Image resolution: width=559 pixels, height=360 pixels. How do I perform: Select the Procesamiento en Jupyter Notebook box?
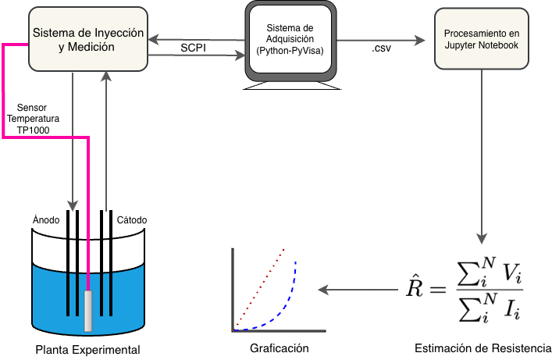coord(481,40)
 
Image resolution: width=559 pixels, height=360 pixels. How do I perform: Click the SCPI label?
coord(192,48)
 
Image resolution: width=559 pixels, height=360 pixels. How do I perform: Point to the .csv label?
coord(382,48)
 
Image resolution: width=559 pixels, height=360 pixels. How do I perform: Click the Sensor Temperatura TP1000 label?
coord(33,118)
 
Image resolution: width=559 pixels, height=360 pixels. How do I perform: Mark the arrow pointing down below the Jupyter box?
coord(482,156)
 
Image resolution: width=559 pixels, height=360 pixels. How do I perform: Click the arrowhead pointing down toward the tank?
coord(73,205)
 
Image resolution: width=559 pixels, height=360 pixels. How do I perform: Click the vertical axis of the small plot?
coord(233,289)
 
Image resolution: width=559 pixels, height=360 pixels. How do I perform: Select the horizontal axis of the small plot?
coord(277,330)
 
